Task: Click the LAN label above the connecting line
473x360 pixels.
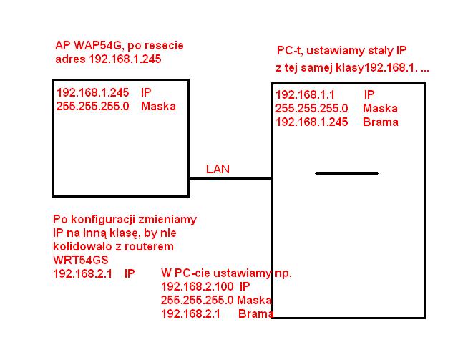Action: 218,169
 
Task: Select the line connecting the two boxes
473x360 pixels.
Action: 230,179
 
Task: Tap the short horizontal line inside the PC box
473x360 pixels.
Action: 346,173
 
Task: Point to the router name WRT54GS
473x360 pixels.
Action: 81,260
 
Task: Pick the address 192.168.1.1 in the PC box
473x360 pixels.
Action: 306,94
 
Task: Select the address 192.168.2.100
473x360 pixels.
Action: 198,286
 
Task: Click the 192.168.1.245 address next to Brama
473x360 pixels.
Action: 311,122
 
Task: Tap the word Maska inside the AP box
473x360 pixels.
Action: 158,106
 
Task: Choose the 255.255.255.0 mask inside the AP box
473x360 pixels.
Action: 92,106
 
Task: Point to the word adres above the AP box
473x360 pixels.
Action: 70,59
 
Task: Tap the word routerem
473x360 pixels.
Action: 149,246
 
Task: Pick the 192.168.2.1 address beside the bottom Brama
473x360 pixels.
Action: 190,313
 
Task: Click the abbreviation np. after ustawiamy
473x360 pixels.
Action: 283,273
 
